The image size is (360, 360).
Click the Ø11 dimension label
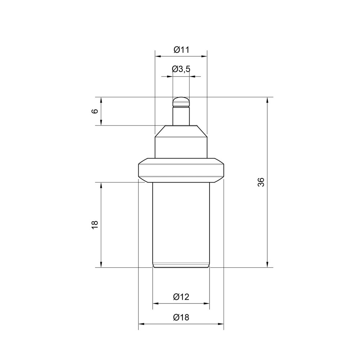[181, 50]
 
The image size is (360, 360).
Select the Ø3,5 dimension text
[181, 69]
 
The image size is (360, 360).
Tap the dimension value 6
[95, 111]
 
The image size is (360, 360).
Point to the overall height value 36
[261, 182]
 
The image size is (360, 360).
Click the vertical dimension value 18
[95, 225]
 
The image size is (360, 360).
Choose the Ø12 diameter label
[181, 297]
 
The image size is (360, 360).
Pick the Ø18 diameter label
[181, 317]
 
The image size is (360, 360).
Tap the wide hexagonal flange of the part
[181, 170]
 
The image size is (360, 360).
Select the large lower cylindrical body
[181, 225]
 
